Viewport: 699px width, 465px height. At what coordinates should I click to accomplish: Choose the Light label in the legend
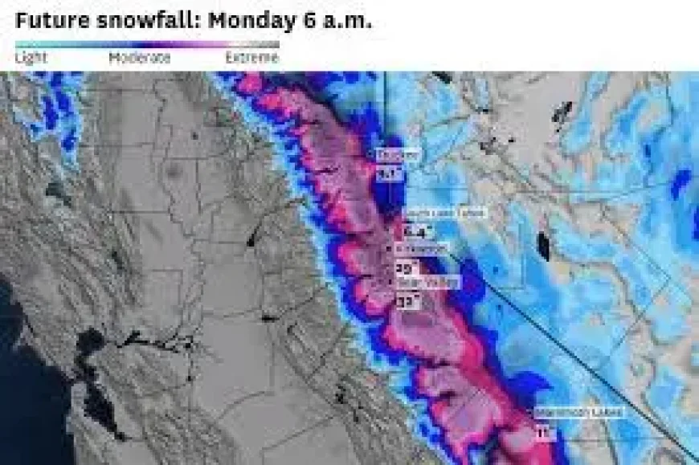(31, 58)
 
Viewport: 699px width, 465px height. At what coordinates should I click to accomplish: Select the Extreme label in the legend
(251, 58)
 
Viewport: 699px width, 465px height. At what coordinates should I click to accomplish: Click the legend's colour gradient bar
(147, 44)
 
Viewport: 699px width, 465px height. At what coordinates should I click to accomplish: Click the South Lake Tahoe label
(435, 212)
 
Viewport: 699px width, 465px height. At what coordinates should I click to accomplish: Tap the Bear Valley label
(427, 283)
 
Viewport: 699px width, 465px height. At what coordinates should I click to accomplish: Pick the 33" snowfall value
(407, 301)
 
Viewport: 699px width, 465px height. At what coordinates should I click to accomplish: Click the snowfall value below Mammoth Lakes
(546, 434)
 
